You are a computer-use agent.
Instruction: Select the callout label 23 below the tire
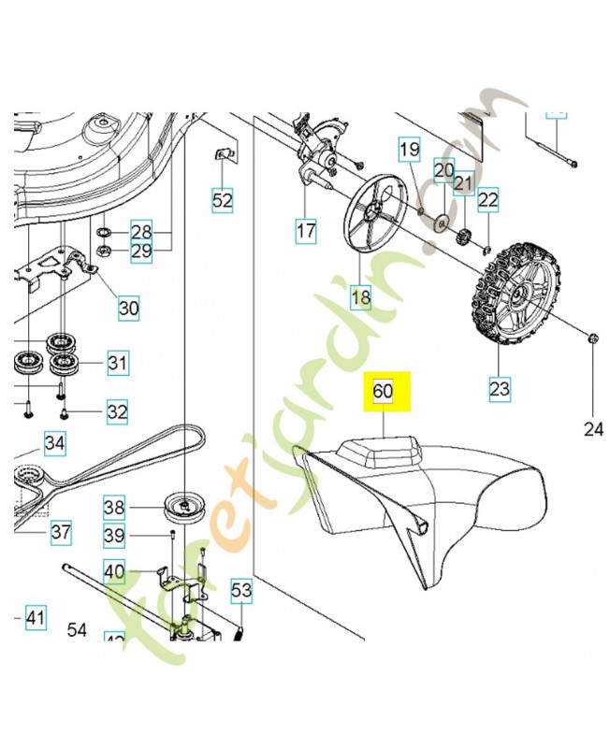[499, 386]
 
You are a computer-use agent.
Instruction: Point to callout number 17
[306, 229]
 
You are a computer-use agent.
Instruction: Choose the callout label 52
[222, 199]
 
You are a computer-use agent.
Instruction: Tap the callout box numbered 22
[488, 199]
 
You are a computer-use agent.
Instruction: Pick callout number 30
[128, 307]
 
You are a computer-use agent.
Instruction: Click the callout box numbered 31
[117, 362]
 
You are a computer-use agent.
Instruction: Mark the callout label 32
[117, 410]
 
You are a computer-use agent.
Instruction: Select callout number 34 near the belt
[55, 443]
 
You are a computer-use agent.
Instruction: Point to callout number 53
[241, 590]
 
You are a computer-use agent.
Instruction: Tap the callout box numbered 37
[60, 533]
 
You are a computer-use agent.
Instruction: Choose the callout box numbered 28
[140, 231]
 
